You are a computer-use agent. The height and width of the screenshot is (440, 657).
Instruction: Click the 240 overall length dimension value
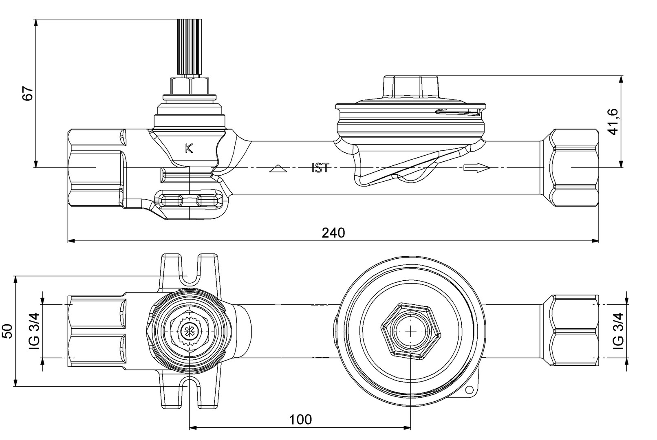point(333,233)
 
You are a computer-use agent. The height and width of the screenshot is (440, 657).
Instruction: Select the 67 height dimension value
point(27,93)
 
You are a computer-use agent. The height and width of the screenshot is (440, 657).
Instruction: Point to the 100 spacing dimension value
point(300,419)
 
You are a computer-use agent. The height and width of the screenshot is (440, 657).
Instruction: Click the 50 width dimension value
point(8,331)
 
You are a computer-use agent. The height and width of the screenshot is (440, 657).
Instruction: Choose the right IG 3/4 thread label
point(619,331)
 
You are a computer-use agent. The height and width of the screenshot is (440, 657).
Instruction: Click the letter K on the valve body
point(189,149)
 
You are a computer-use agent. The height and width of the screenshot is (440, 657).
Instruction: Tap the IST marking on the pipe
point(320,167)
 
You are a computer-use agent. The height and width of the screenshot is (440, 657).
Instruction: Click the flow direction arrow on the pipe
point(476,167)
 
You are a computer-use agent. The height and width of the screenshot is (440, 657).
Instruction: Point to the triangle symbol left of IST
point(279,168)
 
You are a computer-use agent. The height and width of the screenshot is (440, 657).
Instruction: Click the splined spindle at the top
point(189,47)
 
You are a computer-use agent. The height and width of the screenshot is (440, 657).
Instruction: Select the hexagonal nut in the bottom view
point(411,331)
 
